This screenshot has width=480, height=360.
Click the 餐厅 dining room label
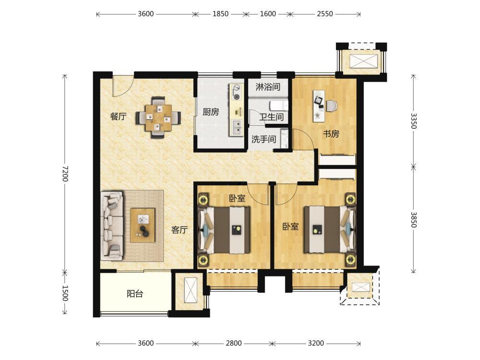[118, 116]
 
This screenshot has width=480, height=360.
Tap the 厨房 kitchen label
[211, 112]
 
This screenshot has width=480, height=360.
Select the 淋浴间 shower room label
[268, 87]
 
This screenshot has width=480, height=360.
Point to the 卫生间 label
[272, 117]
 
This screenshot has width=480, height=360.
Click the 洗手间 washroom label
[264, 139]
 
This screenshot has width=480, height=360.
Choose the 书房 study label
[331, 134]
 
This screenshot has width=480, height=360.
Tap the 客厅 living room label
[180, 229]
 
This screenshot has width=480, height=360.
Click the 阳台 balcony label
[135, 294]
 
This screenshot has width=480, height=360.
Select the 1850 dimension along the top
[220, 14]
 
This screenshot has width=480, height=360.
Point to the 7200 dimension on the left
[65, 174]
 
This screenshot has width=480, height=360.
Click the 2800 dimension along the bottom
[234, 343]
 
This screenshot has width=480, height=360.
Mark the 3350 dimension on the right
[414, 121]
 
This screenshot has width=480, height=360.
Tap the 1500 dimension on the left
[65, 293]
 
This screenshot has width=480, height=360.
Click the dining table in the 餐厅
[158, 118]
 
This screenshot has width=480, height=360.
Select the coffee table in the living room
[143, 225]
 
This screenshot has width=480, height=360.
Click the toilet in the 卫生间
[279, 106]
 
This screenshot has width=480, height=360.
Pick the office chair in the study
[332, 106]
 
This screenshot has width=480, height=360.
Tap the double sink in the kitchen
[237, 128]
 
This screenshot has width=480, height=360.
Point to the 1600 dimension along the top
[268, 14]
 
